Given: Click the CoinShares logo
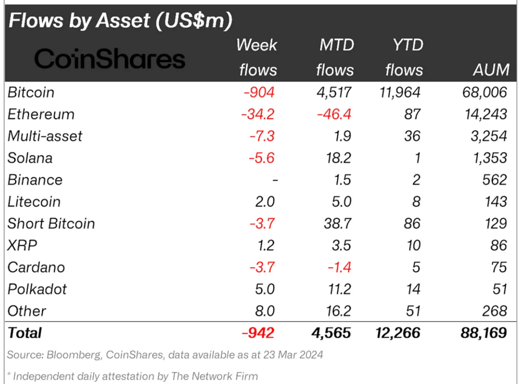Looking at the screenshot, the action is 109,58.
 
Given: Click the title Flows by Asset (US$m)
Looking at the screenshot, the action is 120,20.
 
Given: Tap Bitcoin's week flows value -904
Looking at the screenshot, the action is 257,92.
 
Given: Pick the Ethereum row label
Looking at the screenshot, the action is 41,114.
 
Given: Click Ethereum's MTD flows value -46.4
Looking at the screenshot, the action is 335,114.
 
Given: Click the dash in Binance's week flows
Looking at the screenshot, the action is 275,180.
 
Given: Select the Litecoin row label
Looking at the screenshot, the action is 34,202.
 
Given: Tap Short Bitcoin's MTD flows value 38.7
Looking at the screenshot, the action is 338,223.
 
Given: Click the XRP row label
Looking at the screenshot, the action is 22,246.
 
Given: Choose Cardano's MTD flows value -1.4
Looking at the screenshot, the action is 339,268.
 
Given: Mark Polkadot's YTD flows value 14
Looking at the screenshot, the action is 413,289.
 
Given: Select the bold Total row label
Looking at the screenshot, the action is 24,333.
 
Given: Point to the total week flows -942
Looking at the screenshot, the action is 257,333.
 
